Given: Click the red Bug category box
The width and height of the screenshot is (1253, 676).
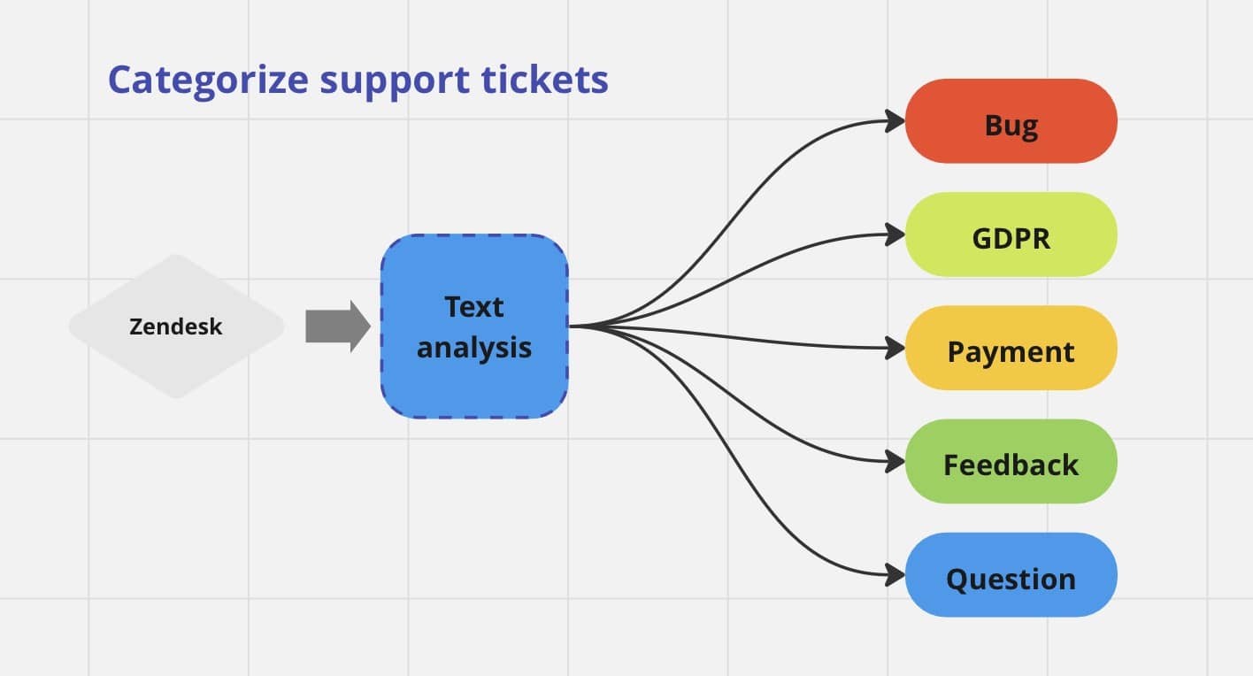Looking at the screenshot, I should point(1011,121).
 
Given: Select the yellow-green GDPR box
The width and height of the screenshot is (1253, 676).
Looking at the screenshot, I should point(1011,234).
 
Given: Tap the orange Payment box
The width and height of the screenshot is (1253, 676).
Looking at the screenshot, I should point(1011,349).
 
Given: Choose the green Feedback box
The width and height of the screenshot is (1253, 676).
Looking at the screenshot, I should point(1011,462).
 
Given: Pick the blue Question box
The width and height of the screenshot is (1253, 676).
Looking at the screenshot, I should point(1011,575).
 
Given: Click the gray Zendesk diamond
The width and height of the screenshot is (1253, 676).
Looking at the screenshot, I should point(176,326).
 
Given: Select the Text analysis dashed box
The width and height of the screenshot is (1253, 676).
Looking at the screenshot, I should point(474,326).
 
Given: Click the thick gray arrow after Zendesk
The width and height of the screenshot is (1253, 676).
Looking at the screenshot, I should point(337,326).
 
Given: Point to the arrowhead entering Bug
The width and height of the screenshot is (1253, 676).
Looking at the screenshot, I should point(896,122).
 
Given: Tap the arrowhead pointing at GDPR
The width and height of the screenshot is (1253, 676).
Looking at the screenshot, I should point(896,235).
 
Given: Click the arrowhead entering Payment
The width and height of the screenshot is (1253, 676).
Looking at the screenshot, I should point(896,349).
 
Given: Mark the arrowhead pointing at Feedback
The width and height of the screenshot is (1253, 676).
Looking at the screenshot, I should point(896,462).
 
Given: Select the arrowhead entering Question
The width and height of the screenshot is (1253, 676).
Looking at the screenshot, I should point(896,575).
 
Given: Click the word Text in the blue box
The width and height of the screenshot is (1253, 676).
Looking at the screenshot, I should point(474,307).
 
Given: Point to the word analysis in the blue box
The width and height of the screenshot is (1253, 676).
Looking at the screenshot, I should point(474,347).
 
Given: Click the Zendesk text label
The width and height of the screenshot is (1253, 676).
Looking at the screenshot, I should point(176,326).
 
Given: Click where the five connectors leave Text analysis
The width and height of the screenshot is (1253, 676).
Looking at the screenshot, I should point(573,326).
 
